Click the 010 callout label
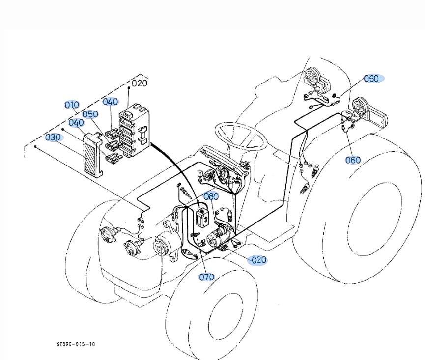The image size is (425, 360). click(72, 105)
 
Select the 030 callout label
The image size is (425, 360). click(54, 137)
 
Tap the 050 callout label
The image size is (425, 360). click(90, 114)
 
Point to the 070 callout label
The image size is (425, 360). click(206, 277)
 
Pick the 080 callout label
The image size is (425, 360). click(211, 196)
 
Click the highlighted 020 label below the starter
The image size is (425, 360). click(258, 260)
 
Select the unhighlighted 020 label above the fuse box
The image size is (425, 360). click(139, 83)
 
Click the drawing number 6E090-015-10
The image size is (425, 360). click(76, 344)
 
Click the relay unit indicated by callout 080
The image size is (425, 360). click(201, 216)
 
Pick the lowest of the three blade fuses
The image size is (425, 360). click(113, 158)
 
